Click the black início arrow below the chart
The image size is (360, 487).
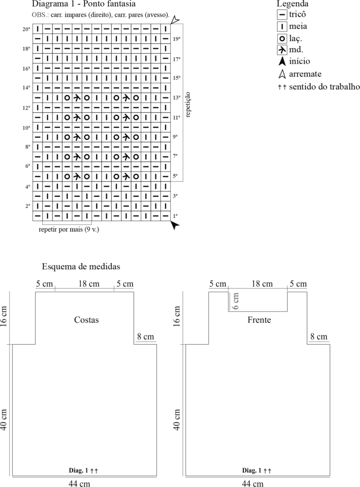[x=175, y=225]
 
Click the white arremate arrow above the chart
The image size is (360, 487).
[x=175, y=20]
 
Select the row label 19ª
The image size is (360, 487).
[x=176, y=39]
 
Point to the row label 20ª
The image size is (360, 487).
[x=27, y=29]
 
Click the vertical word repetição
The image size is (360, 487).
[x=188, y=104]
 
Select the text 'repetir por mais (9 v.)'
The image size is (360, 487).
[x=68, y=230]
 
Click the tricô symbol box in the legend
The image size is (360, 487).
[x=282, y=15]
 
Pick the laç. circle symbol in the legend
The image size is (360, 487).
[x=282, y=39]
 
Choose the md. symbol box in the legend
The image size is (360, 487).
[x=282, y=50]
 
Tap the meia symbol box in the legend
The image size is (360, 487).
[x=282, y=27]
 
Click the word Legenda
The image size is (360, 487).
[x=292, y=4]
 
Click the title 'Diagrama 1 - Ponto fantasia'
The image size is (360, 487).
[x=84, y=4]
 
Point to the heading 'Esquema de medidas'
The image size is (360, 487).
[x=81, y=266]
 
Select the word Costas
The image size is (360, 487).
[x=87, y=320]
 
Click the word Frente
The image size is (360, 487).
[x=259, y=320]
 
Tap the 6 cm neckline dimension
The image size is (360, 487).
[x=236, y=301]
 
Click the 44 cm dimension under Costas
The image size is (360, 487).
[x=79, y=483]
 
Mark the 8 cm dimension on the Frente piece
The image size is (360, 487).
[x=319, y=337]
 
